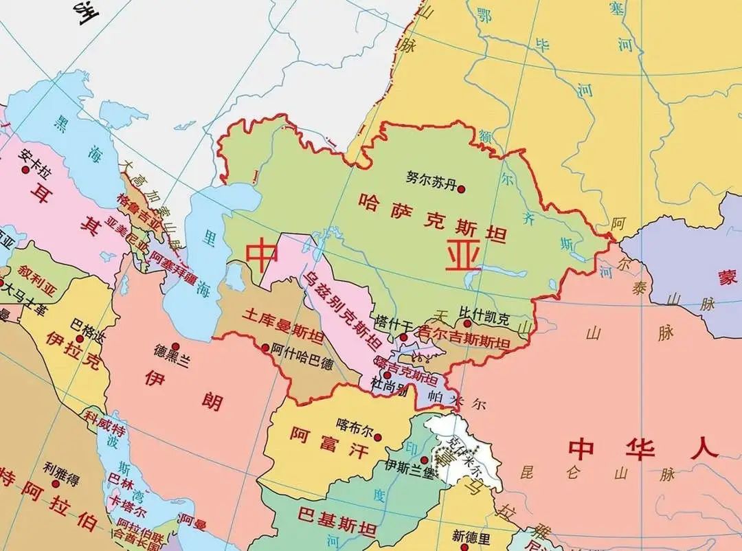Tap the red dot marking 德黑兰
click(x=176, y=346)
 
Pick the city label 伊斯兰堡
click(x=392, y=465)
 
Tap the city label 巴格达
click(x=87, y=323)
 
